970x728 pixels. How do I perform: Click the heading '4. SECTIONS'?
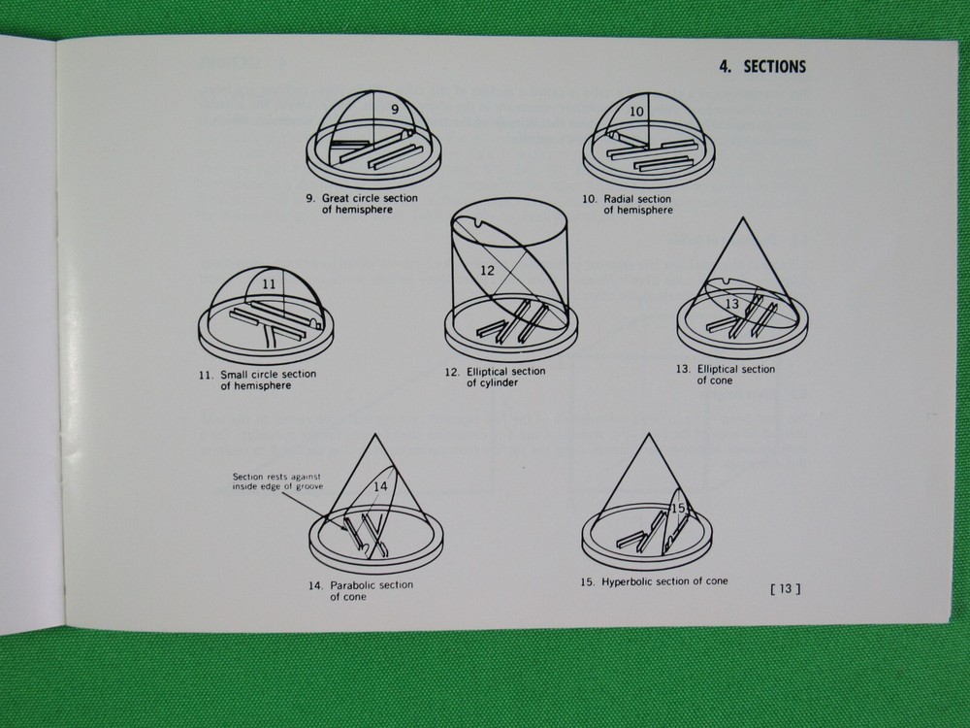pyautogui.click(x=761, y=67)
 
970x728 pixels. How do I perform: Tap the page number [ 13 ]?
pyautogui.click(x=784, y=587)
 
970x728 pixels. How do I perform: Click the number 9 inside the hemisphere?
pyautogui.click(x=395, y=110)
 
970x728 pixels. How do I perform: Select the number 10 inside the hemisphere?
pyautogui.click(x=636, y=112)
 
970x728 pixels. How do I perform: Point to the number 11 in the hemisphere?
pyautogui.click(x=271, y=284)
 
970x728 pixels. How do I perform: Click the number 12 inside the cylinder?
pyautogui.click(x=487, y=271)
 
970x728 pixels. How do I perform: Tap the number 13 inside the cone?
pyautogui.click(x=732, y=304)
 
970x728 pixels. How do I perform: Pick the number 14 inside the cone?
pyautogui.click(x=379, y=485)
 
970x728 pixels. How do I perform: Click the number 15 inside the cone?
pyautogui.click(x=678, y=508)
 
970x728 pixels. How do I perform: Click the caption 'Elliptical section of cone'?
pyautogui.click(x=729, y=375)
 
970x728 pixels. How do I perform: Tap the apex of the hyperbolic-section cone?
pyautogui.click(x=646, y=434)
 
